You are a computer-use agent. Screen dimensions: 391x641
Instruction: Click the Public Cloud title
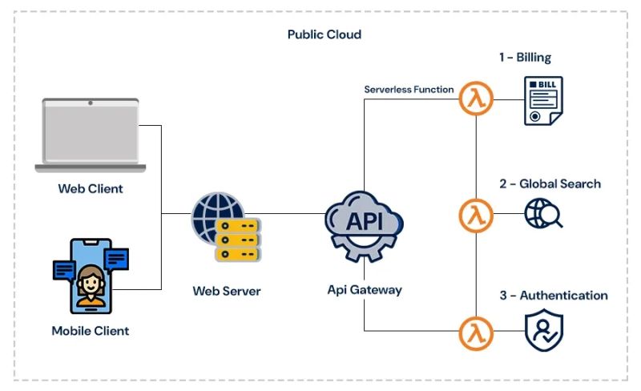tap(325, 34)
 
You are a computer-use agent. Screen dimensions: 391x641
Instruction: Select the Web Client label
tap(91, 189)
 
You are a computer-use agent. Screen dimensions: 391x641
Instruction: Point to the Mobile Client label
tap(90, 330)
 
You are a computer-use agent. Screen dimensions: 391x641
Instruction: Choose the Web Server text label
tap(227, 291)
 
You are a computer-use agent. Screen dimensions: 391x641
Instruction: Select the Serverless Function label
tap(409, 90)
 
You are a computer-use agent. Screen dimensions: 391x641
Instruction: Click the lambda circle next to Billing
tap(476, 101)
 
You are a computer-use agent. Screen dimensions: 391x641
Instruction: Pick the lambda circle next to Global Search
tap(476, 216)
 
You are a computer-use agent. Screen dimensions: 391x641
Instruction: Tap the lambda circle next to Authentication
tap(476, 332)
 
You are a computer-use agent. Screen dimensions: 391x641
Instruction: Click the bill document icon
tap(543, 101)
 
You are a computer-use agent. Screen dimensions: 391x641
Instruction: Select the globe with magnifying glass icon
tap(542, 214)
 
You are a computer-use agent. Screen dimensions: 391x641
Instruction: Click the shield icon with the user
tap(543, 331)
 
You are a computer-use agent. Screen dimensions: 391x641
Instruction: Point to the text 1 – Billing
tap(526, 58)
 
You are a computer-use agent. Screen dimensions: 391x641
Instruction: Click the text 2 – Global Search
tap(550, 183)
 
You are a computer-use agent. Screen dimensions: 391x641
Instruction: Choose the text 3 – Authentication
tap(554, 296)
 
